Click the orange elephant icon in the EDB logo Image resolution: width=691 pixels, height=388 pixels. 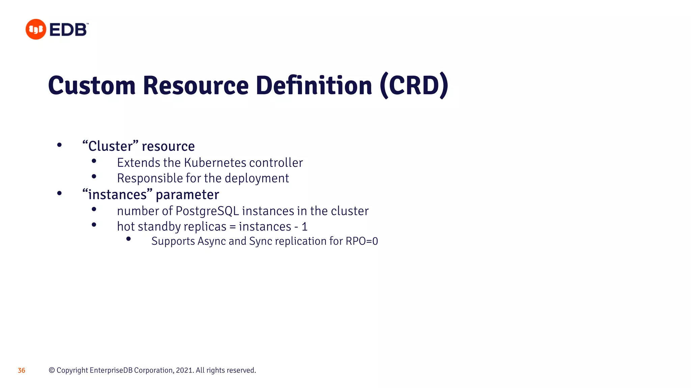tap(36, 29)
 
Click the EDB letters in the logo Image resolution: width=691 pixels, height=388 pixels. tap(68, 30)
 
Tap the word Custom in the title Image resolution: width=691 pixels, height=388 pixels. tap(92, 86)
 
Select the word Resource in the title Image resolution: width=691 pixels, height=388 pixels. tap(196, 86)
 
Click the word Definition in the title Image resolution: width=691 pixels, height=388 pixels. tap(314, 86)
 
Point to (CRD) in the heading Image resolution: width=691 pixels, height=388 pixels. tap(414, 86)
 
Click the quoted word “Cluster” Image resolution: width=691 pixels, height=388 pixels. tap(110, 146)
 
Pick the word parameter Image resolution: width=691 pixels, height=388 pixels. tap(187, 195)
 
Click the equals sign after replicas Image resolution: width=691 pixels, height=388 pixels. tap(232, 227)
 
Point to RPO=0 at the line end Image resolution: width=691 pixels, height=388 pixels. tap(362, 241)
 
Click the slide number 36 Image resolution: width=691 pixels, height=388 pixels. tap(22, 370)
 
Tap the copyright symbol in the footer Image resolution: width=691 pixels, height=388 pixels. tap(52, 370)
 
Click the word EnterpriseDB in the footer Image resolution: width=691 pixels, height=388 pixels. tap(111, 370)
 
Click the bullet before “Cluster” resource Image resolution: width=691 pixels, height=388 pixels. tap(59, 145)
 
